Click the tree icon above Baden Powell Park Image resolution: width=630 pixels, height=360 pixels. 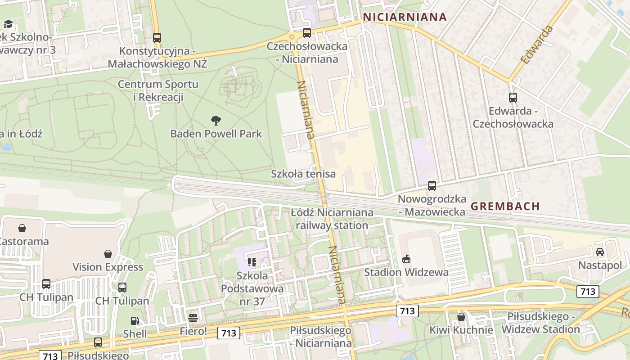point(216,120)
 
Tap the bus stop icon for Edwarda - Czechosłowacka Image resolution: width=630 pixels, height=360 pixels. point(513,97)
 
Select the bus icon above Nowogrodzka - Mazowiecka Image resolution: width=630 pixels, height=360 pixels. point(432,185)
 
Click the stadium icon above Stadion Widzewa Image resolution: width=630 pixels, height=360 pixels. point(406,259)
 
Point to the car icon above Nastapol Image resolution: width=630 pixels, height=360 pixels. point(599,252)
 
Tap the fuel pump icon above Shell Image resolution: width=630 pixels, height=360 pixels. point(135,321)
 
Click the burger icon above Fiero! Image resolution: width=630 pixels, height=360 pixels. point(193,318)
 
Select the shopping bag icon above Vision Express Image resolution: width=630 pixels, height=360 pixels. point(108,254)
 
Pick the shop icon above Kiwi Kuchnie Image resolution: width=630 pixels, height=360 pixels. point(461,317)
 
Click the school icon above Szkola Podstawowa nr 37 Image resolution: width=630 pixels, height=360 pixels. point(252,262)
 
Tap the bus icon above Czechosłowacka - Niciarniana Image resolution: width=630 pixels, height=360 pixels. point(307,32)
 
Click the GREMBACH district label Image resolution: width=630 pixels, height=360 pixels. point(505,206)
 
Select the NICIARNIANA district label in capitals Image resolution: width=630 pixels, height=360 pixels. point(405,17)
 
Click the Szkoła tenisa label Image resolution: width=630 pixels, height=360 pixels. point(303,174)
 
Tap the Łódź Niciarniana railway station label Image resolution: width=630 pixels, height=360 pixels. point(332,219)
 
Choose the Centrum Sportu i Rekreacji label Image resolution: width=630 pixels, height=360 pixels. point(158,90)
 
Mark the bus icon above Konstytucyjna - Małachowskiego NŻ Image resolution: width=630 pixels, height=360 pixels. point(157,38)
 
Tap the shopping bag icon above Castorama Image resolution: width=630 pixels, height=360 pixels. point(22,228)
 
